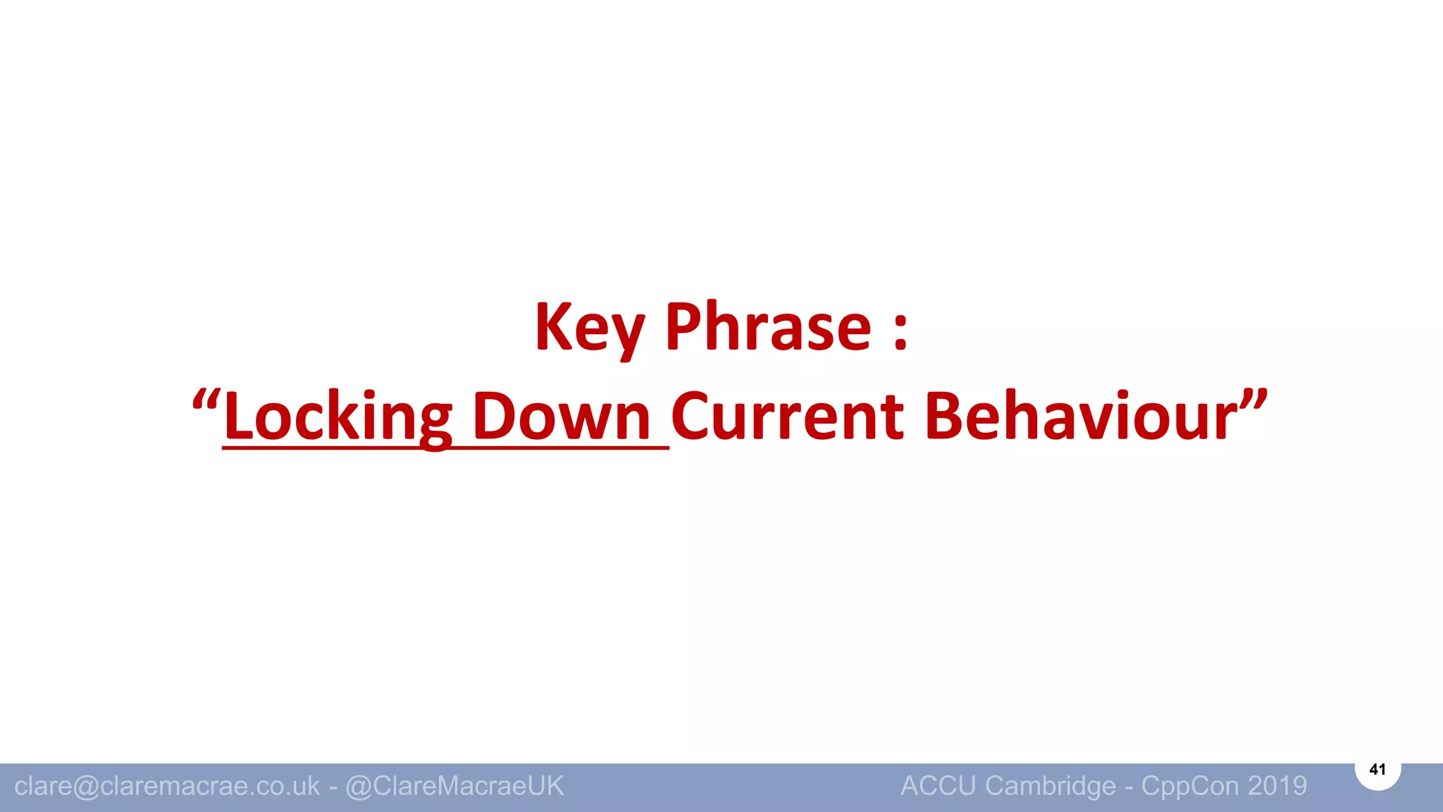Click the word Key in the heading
point(589,328)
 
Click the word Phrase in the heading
point(768,328)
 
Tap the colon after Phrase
point(900,330)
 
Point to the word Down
point(561,417)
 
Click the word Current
point(787,417)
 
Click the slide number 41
point(1377,769)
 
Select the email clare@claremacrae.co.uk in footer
point(167,786)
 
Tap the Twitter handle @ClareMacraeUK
point(454,786)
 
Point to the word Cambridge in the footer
point(1050,786)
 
